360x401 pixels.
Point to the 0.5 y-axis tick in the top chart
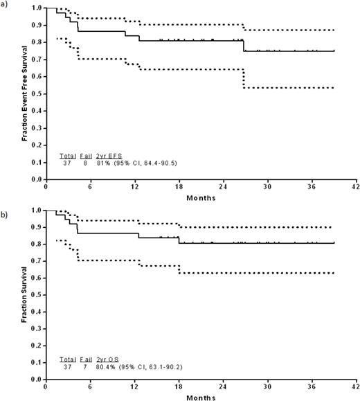35,93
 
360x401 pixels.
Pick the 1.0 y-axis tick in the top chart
35,8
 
